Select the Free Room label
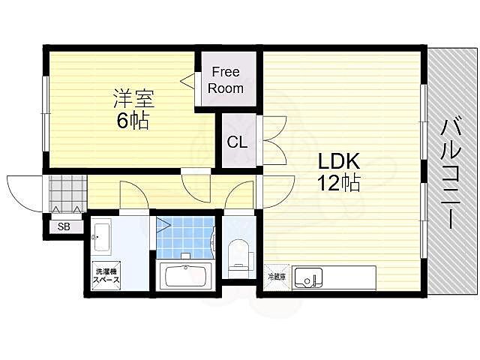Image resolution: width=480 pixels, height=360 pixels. pos(226,80)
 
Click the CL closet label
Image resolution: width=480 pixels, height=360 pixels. pos(237,141)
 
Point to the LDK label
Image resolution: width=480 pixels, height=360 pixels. pos(339,161)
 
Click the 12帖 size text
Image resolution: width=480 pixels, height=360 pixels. pos(339,183)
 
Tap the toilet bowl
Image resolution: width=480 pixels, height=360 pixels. pos(239,253)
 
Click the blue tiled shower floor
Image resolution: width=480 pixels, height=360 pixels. pos(189,238)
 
